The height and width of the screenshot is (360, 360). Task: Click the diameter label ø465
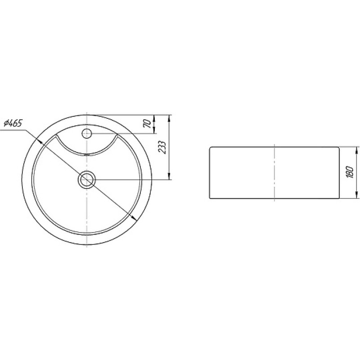tap(13, 123)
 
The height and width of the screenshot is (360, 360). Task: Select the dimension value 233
tap(162, 147)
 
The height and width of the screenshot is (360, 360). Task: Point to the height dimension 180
tap(350, 172)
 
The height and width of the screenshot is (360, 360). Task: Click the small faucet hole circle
tap(87, 133)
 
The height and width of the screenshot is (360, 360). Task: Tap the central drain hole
tap(87, 180)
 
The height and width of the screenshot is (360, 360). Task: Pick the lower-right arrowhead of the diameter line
tap(134, 217)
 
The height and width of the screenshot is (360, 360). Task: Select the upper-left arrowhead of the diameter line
tap(40, 141)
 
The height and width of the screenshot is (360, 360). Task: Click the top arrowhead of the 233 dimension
tap(170, 118)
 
